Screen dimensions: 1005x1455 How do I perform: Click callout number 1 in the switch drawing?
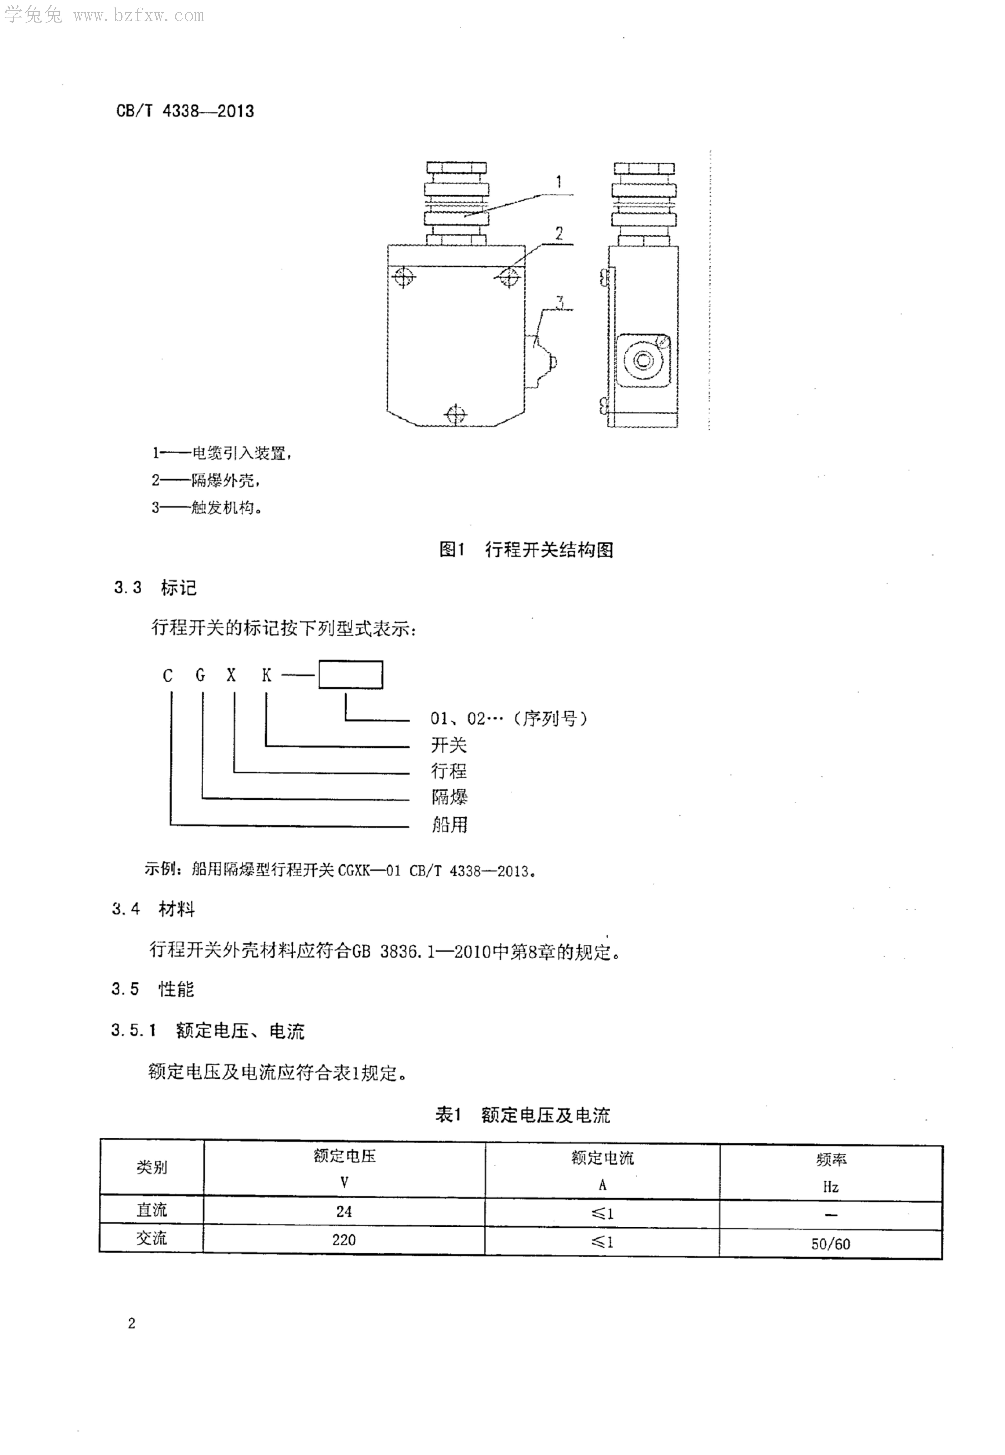[x=558, y=183]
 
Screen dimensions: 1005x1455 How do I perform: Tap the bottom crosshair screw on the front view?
[x=455, y=414]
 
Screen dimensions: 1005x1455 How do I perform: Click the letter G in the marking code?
[x=200, y=676]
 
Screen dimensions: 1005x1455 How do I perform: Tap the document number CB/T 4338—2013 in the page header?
[x=185, y=111]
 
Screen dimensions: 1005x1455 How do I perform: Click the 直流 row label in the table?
[x=152, y=1210]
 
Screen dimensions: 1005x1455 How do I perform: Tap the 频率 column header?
[x=831, y=1160]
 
